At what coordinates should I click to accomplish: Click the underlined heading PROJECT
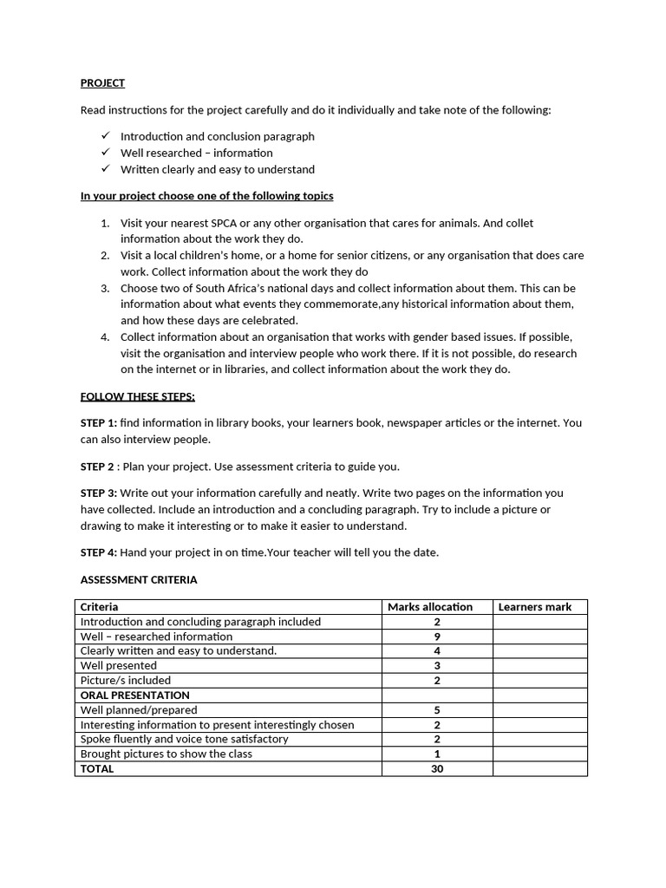coord(102,83)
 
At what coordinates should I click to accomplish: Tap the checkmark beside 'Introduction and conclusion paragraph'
coord(105,136)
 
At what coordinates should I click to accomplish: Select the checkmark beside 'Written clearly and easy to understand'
coord(105,169)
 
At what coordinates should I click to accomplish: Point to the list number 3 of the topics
coord(105,288)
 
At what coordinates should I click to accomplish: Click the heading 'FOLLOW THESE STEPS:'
coord(138,396)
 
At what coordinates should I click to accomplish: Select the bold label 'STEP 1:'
coord(99,423)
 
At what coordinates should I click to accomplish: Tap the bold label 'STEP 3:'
coord(99,493)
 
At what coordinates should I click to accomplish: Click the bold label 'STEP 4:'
coord(99,552)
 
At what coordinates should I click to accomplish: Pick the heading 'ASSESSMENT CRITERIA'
coord(139,579)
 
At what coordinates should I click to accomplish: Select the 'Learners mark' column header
coord(534,607)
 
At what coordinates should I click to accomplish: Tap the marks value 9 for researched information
coord(437,637)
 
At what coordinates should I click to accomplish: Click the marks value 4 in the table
coord(437,651)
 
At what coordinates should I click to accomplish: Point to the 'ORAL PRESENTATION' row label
coord(134,695)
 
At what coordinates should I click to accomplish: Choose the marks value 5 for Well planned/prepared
coord(437,710)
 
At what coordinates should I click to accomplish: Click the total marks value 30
coord(437,768)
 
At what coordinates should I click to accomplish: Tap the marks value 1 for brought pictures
coord(437,754)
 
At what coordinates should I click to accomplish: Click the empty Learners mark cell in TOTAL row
coord(539,768)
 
